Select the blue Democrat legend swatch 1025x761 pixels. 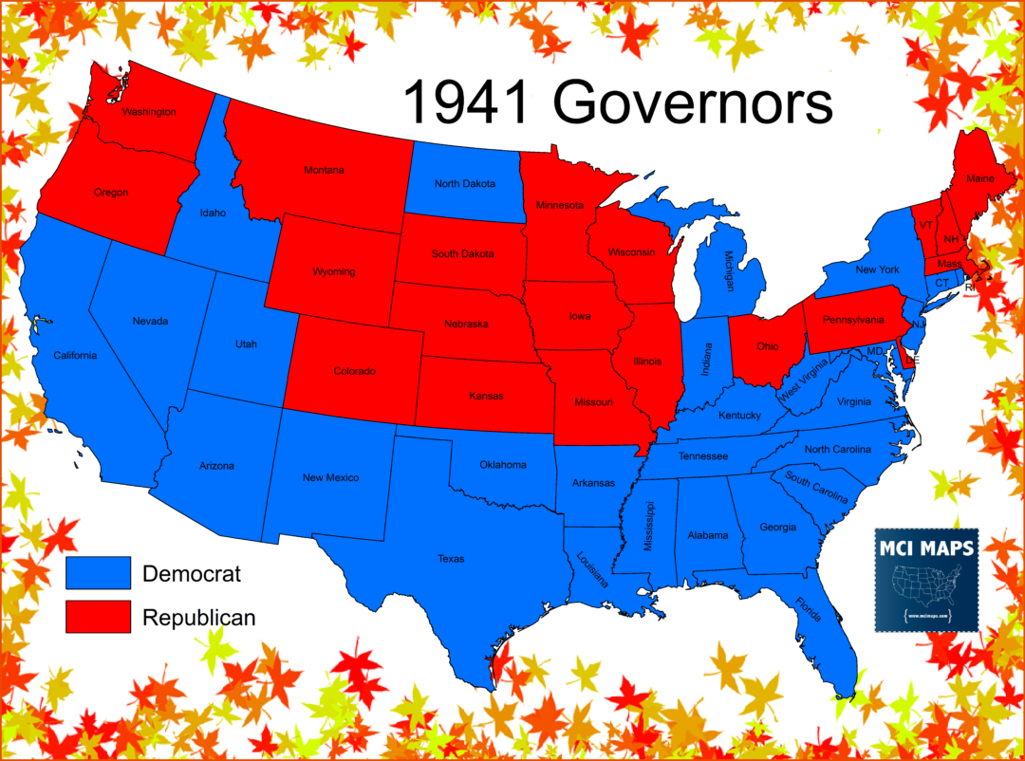point(98,573)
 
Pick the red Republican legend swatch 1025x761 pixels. point(98,617)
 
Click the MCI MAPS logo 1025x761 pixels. point(925,580)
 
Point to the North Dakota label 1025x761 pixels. point(465,183)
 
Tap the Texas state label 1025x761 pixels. point(451,559)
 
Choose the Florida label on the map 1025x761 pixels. point(810,609)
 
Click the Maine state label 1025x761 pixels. point(980,178)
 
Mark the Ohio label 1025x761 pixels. point(767,346)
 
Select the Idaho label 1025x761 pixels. point(214,213)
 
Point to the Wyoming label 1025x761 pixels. point(334,271)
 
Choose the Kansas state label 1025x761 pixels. point(487,396)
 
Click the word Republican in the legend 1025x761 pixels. point(198,618)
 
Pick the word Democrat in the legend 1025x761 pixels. point(192,573)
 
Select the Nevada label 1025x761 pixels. point(150,321)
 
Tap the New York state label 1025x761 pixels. point(877,269)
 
